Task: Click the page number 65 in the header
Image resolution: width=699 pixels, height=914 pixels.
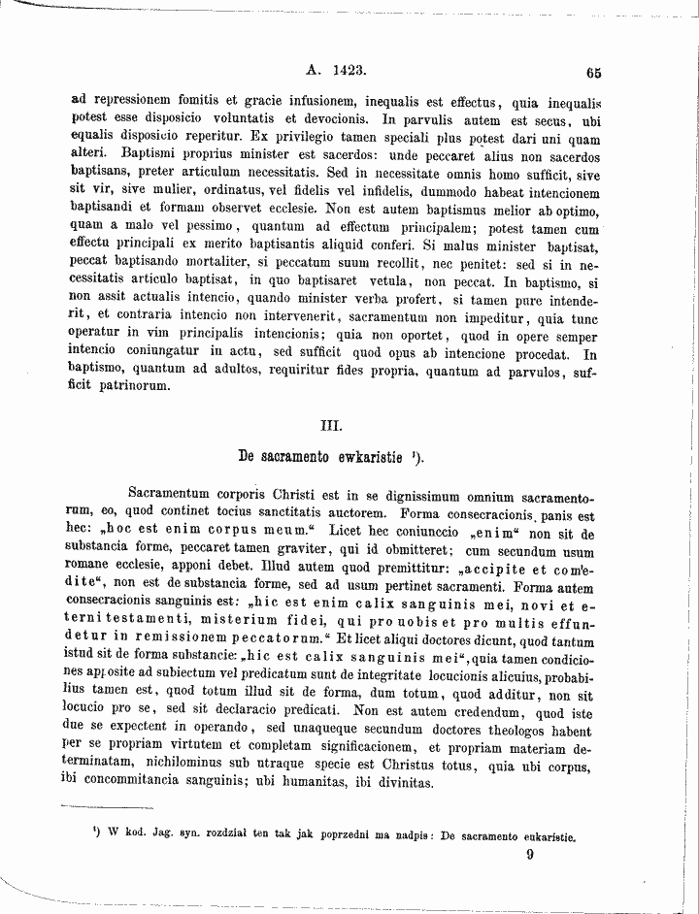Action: click(594, 72)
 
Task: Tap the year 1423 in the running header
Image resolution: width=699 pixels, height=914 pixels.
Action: click(347, 71)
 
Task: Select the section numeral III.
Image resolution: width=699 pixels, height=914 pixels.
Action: click(329, 423)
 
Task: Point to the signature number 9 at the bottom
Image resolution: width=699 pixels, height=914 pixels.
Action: click(530, 855)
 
